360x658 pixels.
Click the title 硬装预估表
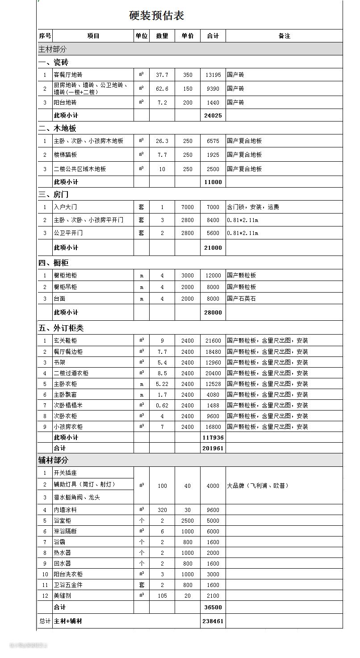(x=156, y=16)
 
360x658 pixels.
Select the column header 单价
(x=188, y=36)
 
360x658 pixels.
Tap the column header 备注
(x=284, y=36)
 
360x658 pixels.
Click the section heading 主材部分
(x=53, y=49)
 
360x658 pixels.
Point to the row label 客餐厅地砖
(x=68, y=75)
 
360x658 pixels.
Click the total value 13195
(x=213, y=75)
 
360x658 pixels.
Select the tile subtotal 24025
(x=213, y=115)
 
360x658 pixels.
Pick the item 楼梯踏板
(x=65, y=155)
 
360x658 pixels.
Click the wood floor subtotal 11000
(x=213, y=182)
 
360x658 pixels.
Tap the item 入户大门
(x=65, y=207)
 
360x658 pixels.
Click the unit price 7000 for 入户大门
(x=188, y=207)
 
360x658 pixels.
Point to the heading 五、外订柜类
(x=61, y=328)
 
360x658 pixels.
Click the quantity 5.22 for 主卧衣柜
(x=162, y=384)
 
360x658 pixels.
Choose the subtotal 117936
(x=213, y=437)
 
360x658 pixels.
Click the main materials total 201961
(x=213, y=448)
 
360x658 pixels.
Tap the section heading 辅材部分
(x=54, y=460)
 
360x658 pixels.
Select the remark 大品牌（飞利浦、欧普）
(x=258, y=486)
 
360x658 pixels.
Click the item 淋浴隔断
(x=65, y=531)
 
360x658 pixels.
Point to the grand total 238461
(x=213, y=621)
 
